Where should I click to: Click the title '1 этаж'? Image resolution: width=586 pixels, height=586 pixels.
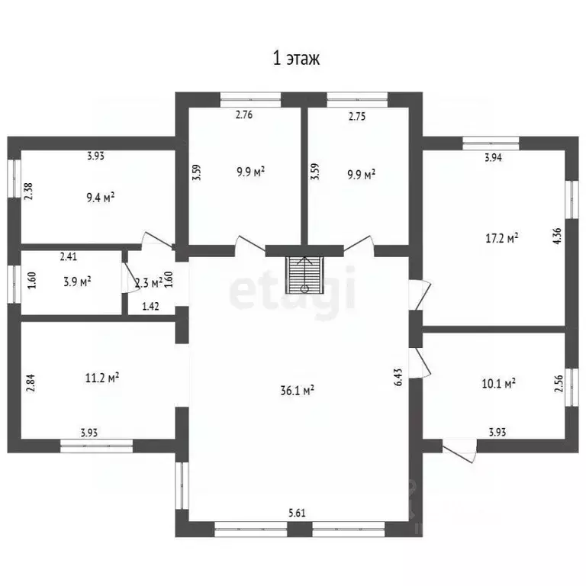click(297, 59)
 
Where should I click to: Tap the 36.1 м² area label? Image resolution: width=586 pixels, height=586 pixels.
click(298, 390)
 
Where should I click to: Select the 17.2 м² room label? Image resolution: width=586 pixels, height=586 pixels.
click(503, 238)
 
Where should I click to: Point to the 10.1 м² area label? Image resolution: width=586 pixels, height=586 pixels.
click(501, 382)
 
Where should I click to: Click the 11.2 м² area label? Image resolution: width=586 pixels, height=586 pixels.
click(102, 376)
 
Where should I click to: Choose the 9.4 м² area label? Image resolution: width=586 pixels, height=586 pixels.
click(99, 198)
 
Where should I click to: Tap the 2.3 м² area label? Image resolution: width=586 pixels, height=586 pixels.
click(148, 283)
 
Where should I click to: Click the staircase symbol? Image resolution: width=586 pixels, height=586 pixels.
click(304, 275)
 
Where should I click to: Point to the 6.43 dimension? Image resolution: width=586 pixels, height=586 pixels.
click(399, 377)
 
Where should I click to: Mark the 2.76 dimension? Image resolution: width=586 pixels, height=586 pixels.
click(243, 116)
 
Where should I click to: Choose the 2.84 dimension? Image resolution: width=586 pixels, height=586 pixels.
click(31, 382)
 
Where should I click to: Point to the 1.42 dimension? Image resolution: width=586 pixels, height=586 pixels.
click(150, 307)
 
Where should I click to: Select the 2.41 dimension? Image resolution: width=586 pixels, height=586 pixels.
click(69, 257)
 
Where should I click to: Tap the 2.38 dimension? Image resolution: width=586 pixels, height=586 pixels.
click(28, 189)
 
